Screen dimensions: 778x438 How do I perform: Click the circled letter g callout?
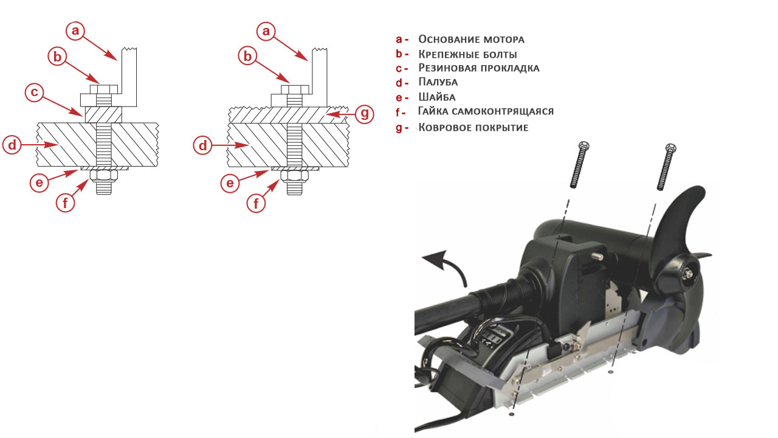(364, 114)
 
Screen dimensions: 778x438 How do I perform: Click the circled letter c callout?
(35, 92)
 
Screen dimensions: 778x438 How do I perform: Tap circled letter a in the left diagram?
(75, 31)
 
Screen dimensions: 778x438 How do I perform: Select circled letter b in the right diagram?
(247, 56)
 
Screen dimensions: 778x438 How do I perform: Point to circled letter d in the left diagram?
(12, 145)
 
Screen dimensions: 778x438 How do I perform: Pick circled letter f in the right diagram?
(256, 203)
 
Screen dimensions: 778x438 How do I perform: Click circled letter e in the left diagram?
(40, 182)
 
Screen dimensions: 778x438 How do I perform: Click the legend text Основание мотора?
(471, 40)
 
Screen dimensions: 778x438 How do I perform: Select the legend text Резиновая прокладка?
(478, 68)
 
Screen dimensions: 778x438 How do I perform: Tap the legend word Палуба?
(438, 82)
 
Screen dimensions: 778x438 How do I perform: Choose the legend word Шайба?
(437, 97)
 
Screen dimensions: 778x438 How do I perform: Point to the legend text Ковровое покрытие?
(473, 128)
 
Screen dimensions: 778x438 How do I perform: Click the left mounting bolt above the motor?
(579, 165)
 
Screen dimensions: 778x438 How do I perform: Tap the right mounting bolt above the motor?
(667, 167)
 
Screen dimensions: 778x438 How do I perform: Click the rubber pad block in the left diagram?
(103, 114)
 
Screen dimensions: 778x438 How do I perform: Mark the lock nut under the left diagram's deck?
(103, 176)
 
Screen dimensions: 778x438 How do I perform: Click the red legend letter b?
(399, 54)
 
